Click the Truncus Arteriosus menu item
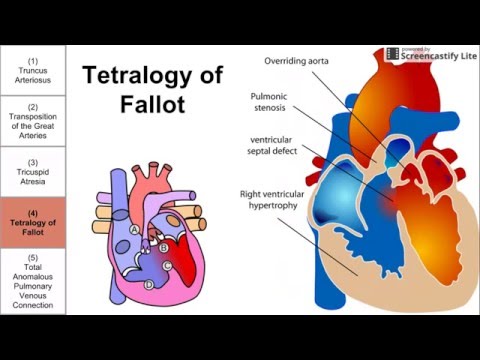click(x=33, y=69)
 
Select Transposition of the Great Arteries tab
click(x=33, y=120)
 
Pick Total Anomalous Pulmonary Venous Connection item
click(x=33, y=283)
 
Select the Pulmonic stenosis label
click(x=270, y=102)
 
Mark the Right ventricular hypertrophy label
click(x=270, y=199)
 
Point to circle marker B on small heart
click(x=162, y=247)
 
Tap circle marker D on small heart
click(x=149, y=285)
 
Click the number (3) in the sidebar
click(x=33, y=162)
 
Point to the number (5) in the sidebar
click(x=33, y=257)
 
